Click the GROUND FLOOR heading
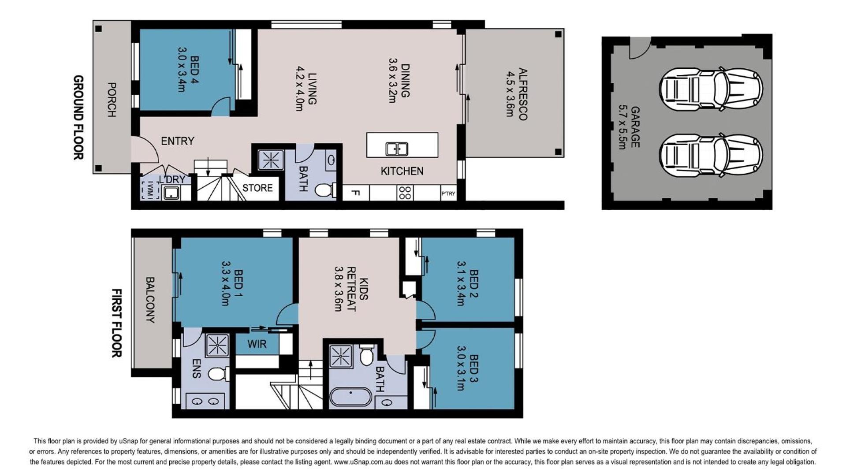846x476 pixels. tap(78, 117)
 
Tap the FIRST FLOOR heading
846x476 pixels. tap(116, 323)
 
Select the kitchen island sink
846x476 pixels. tap(397, 149)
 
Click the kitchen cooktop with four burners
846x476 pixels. tap(405, 193)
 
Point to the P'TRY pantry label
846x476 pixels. tap(448, 193)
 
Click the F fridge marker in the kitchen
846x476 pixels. tap(355, 193)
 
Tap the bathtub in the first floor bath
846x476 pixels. tap(351, 396)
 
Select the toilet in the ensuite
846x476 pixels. tap(218, 374)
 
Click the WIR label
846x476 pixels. tap(257, 344)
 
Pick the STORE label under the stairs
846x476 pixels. tap(257, 188)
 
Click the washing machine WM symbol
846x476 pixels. tap(150, 190)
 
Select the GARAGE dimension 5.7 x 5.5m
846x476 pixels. tap(622, 127)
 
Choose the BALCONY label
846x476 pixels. tap(150, 300)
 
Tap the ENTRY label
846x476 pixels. tap(178, 141)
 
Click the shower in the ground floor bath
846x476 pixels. tap(271, 160)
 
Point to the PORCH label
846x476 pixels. tap(112, 100)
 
